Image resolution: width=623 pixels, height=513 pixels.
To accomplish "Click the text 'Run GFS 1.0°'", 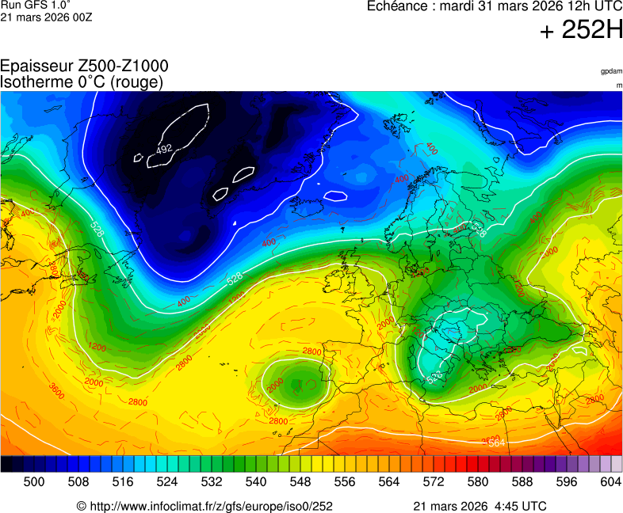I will tap(27, 5).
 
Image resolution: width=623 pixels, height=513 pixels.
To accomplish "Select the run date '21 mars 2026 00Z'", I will tap(46, 17).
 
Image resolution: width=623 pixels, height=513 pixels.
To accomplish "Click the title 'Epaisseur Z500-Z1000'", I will tap(84, 66).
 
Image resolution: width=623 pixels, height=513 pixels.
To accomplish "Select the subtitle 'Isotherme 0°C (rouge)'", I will tap(82, 82).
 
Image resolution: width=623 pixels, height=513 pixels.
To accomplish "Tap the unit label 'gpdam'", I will tap(611, 71).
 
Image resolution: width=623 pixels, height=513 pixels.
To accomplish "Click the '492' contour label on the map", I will tap(164, 149).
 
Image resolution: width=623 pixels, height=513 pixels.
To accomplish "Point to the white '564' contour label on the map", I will tap(497, 443).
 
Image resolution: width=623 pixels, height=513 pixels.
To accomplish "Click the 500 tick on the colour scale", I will tap(34, 481).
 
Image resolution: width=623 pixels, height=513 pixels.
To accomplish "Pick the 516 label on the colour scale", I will tap(123, 481).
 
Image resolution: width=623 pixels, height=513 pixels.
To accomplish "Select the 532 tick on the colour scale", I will tap(212, 481).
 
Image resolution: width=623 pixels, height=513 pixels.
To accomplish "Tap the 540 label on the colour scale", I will tap(256, 481).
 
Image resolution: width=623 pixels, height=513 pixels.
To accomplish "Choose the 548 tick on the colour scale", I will tap(300, 481).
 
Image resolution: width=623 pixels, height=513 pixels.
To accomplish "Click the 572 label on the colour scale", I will tap(434, 481).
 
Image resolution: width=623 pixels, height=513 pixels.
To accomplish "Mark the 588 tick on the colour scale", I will tap(522, 481).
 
